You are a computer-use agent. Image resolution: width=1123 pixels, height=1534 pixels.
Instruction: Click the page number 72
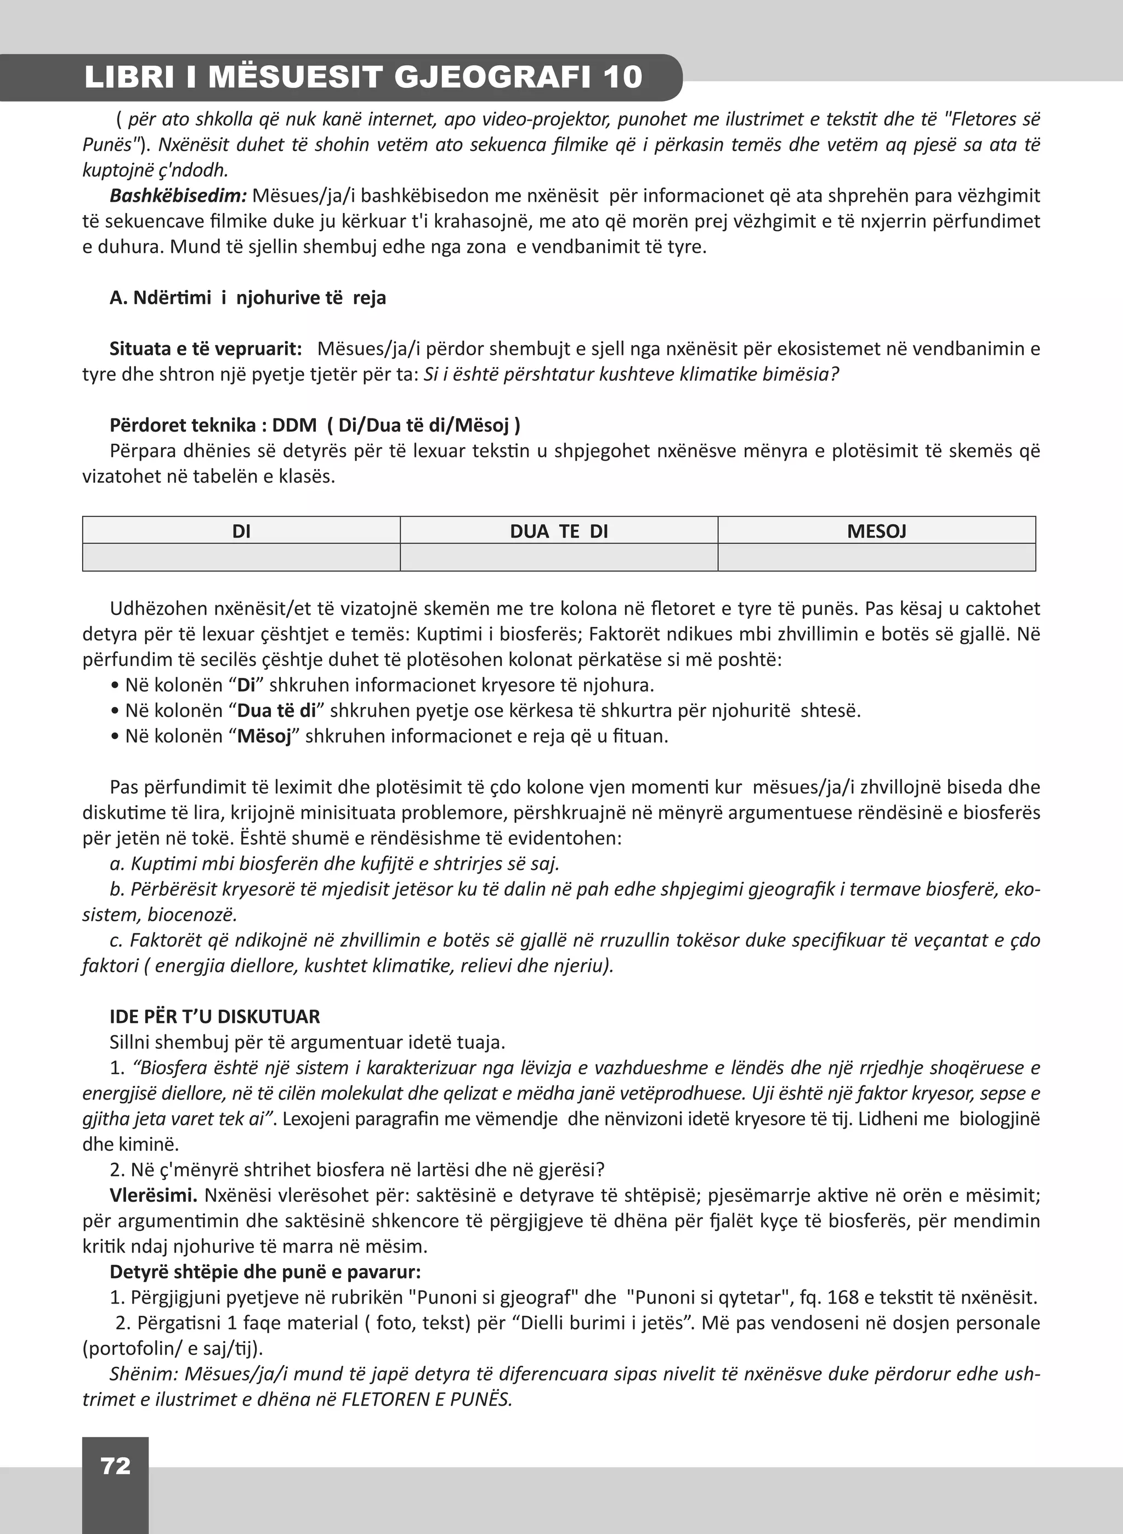[x=115, y=1465]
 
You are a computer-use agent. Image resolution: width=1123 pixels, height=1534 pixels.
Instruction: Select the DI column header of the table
[x=241, y=531]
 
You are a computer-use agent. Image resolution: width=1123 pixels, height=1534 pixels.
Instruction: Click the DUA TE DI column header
[x=559, y=531]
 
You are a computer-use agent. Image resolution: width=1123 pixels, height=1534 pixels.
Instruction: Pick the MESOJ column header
[x=876, y=531]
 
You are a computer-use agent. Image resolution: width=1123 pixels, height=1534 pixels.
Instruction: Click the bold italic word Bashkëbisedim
[x=178, y=196]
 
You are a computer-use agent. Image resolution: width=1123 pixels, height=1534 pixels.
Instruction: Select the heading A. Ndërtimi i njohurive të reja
[x=247, y=298]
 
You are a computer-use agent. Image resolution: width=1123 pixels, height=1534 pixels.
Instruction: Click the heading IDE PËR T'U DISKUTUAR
[x=214, y=1017]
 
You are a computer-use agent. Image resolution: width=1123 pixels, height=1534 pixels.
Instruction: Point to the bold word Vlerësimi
[x=153, y=1196]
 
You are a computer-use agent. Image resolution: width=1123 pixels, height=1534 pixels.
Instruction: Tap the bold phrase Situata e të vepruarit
[x=205, y=349]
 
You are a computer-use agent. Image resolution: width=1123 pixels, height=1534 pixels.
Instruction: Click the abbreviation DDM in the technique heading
[x=294, y=426]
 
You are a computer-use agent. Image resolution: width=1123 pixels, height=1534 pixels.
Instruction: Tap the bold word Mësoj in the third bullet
[x=264, y=737]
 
